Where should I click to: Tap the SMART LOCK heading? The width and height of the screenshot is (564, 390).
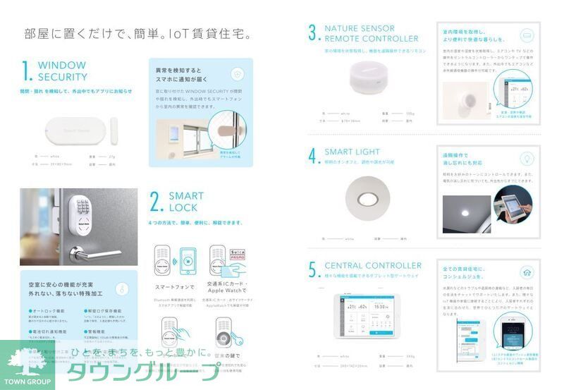[186, 202]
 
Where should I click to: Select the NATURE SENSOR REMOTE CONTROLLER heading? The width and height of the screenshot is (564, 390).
[371, 33]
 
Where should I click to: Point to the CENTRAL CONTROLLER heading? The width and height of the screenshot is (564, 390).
[373, 266]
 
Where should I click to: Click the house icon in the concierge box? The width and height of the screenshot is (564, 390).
[526, 272]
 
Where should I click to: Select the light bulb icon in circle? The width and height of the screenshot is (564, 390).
[526, 159]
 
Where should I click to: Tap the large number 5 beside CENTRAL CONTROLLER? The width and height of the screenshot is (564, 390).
[313, 270]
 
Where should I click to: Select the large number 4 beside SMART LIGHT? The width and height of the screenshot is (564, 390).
[313, 156]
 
